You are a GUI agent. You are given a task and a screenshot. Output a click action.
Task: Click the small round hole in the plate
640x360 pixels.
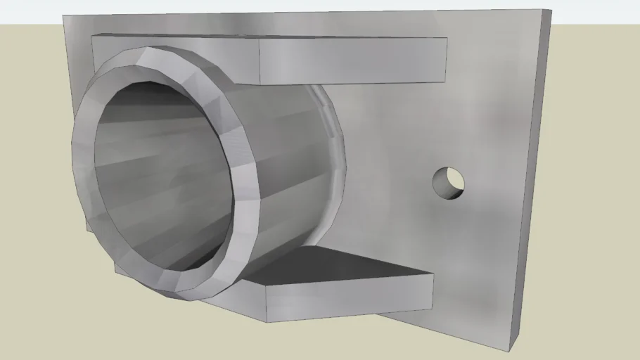pos(448,183)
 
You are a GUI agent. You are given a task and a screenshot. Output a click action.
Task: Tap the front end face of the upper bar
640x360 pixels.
pos(353,60)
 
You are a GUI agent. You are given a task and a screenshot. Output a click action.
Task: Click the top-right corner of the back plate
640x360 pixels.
pos(551,11)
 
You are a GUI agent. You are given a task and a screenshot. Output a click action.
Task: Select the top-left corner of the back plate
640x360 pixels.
pos(63,15)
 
